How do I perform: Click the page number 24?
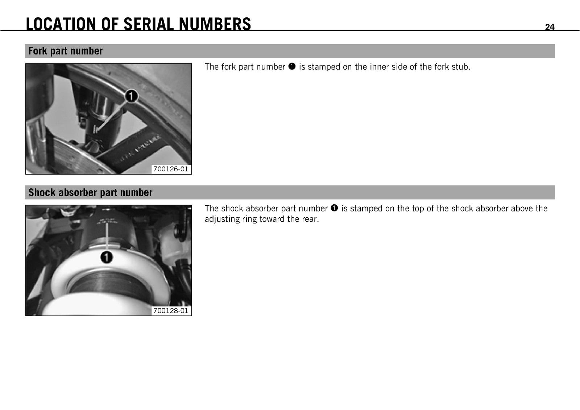550,27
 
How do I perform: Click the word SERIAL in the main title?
149,24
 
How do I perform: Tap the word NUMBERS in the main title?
215,24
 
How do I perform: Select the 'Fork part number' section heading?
66,51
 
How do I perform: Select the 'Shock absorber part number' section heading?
90,192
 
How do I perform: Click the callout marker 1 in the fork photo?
132,96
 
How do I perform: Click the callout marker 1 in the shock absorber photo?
107,258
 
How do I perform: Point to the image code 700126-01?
171,169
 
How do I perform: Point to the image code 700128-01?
171,311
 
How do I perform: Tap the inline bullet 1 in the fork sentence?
292,67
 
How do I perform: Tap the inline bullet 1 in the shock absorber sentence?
334,208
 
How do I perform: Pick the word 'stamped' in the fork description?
323,67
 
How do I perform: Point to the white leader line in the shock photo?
107,237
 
